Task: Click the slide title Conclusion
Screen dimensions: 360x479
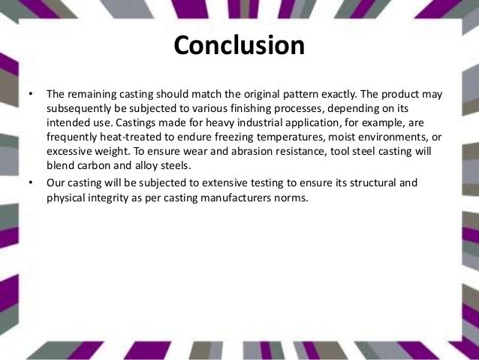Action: [x=239, y=46]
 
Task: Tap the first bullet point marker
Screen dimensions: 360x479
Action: [x=30, y=95]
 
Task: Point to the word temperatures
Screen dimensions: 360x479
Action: [x=297, y=138]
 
